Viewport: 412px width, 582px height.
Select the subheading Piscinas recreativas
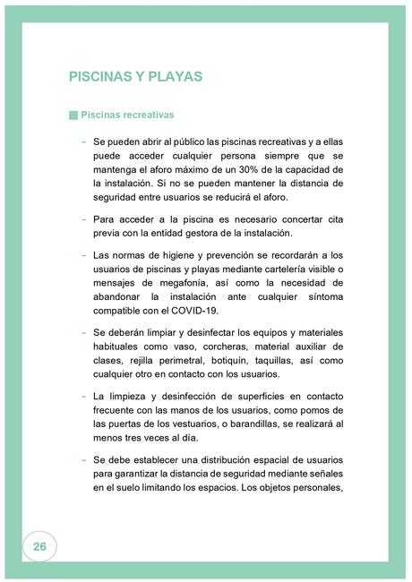[127, 116]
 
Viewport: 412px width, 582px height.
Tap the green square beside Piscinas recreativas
[73, 116]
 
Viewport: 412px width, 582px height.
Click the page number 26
[39, 545]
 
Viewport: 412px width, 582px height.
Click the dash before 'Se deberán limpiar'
[83, 333]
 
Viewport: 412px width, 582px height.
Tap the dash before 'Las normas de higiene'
[83, 254]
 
